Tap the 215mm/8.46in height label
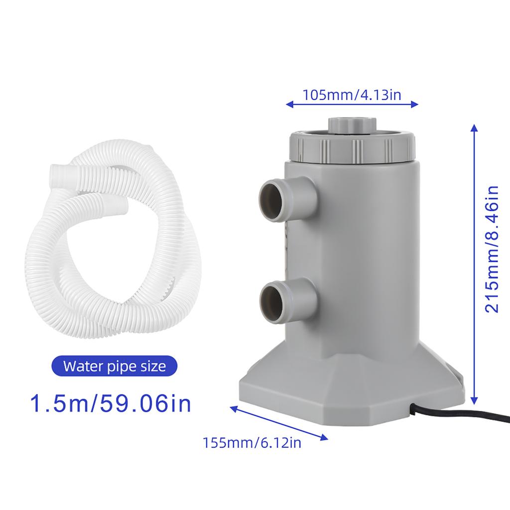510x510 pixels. (x=492, y=249)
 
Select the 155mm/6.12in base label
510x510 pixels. (x=252, y=442)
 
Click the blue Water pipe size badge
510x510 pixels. (x=114, y=367)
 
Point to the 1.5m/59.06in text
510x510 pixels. (x=111, y=403)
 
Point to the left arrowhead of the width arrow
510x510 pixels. (x=288, y=105)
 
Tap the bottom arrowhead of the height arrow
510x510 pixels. (x=474, y=400)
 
